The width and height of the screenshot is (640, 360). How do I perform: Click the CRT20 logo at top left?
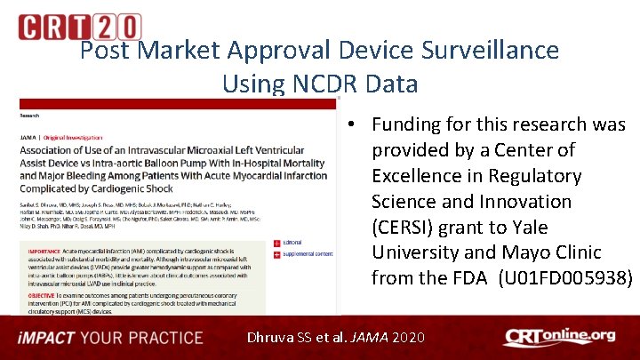pyautogui.click(x=79, y=27)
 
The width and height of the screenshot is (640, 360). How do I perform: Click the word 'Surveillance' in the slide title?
pyautogui.click(x=481, y=50)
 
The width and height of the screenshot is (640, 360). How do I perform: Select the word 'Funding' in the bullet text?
pyautogui.click(x=412, y=124)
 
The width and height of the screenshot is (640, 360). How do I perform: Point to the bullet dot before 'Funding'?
pyautogui.click(x=353, y=124)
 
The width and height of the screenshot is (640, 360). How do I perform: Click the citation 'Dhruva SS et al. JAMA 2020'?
pyautogui.click(x=336, y=338)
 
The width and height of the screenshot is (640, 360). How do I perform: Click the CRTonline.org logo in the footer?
pyautogui.click(x=558, y=337)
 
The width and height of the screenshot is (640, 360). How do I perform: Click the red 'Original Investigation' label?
pyautogui.click(x=76, y=137)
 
